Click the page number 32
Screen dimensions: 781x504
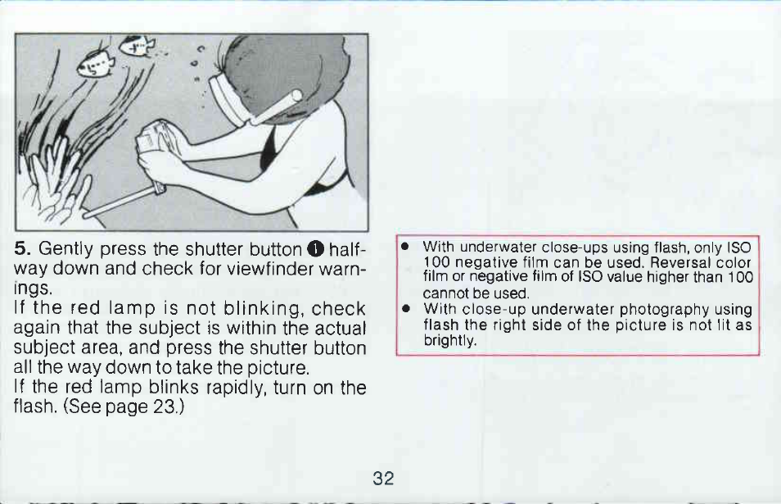[x=383, y=479]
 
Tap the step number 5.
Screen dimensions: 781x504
[x=20, y=247]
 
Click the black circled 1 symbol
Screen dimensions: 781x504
[x=316, y=247]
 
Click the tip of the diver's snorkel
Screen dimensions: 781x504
[x=296, y=96]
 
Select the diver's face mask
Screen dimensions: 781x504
[x=229, y=101]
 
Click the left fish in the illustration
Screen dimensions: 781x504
[x=96, y=64]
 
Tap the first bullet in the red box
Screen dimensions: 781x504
[x=405, y=247]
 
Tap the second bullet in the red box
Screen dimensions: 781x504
[x=406, y=308]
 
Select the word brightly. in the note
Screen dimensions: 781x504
[x=449, y=341]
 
